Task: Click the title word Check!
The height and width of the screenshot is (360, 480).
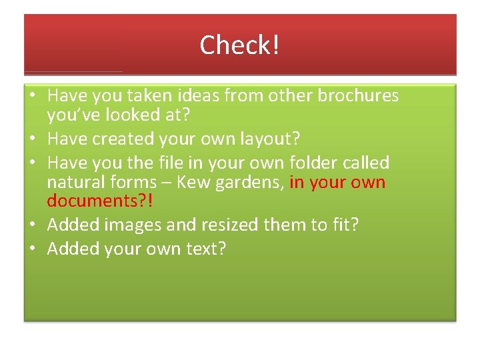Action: (x=239, y=45)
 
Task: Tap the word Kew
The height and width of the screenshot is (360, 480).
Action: (x=194, y=182)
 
